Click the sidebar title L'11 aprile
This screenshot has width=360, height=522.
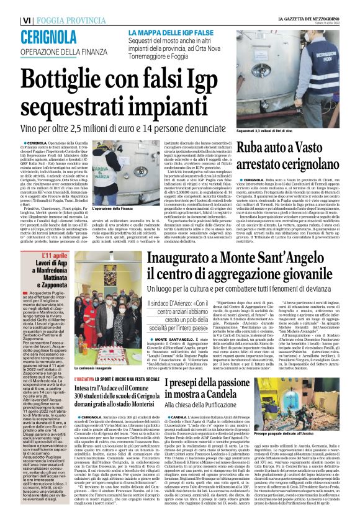[x=56, y=256]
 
